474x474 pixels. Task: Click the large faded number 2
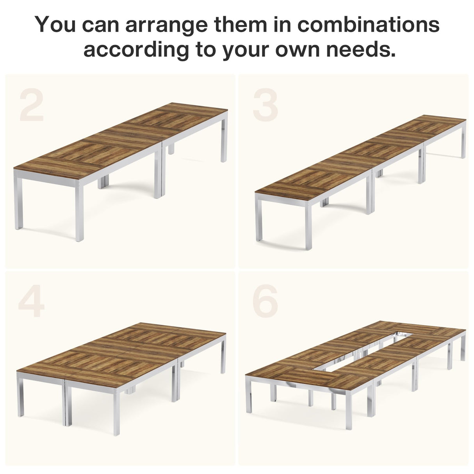[x=32, y=104]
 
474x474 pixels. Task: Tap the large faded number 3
[x=266, y=104]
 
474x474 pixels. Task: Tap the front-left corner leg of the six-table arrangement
[x=248, y=394]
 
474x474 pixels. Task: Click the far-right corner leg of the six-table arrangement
[x=463, y=347]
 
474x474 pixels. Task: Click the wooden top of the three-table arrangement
[x=359, y=156]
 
